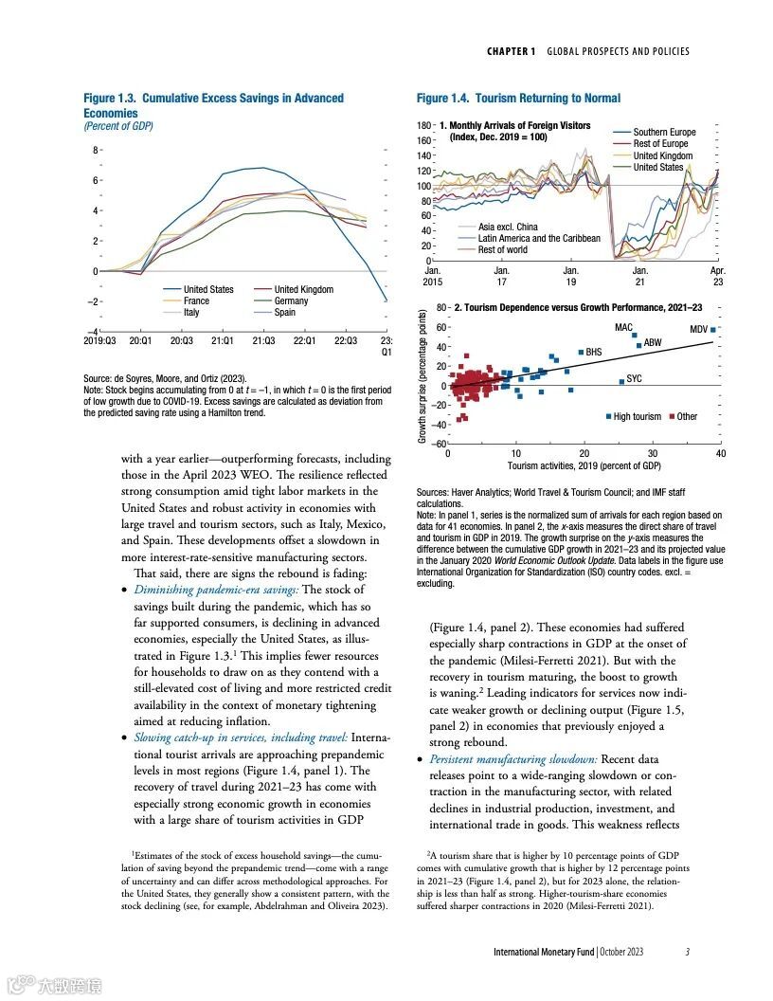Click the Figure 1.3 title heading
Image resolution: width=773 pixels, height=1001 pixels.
[x=213, y=105]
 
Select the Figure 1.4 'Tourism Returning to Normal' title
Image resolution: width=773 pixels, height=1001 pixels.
[x=518, y=98]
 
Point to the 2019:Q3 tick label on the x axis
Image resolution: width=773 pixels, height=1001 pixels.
[x=99, y=340]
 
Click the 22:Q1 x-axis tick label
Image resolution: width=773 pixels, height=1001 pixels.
[x=303, y=340]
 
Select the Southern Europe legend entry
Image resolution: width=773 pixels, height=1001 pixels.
[x=664, y=133]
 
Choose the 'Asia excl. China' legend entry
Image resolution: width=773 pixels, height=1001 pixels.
[x=508, y=227]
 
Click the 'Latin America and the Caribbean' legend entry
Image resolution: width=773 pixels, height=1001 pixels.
[x=539, y=239]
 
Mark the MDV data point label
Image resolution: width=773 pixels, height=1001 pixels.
[x=698, y=329]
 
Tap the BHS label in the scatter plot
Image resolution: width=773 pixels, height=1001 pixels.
[x=593, y=353]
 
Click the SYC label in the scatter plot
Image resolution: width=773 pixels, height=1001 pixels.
[x=634, y=379]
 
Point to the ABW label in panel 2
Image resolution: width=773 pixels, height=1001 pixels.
[x=653, y=342]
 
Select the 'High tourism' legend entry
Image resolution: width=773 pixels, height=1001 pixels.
[x=637, y=417]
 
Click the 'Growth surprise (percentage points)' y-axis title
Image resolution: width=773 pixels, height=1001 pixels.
[x=422, y=374]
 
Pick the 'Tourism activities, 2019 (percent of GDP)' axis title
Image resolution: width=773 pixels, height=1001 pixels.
[x=584, y=466]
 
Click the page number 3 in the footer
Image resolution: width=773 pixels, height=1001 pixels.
[x=687, y=952]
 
